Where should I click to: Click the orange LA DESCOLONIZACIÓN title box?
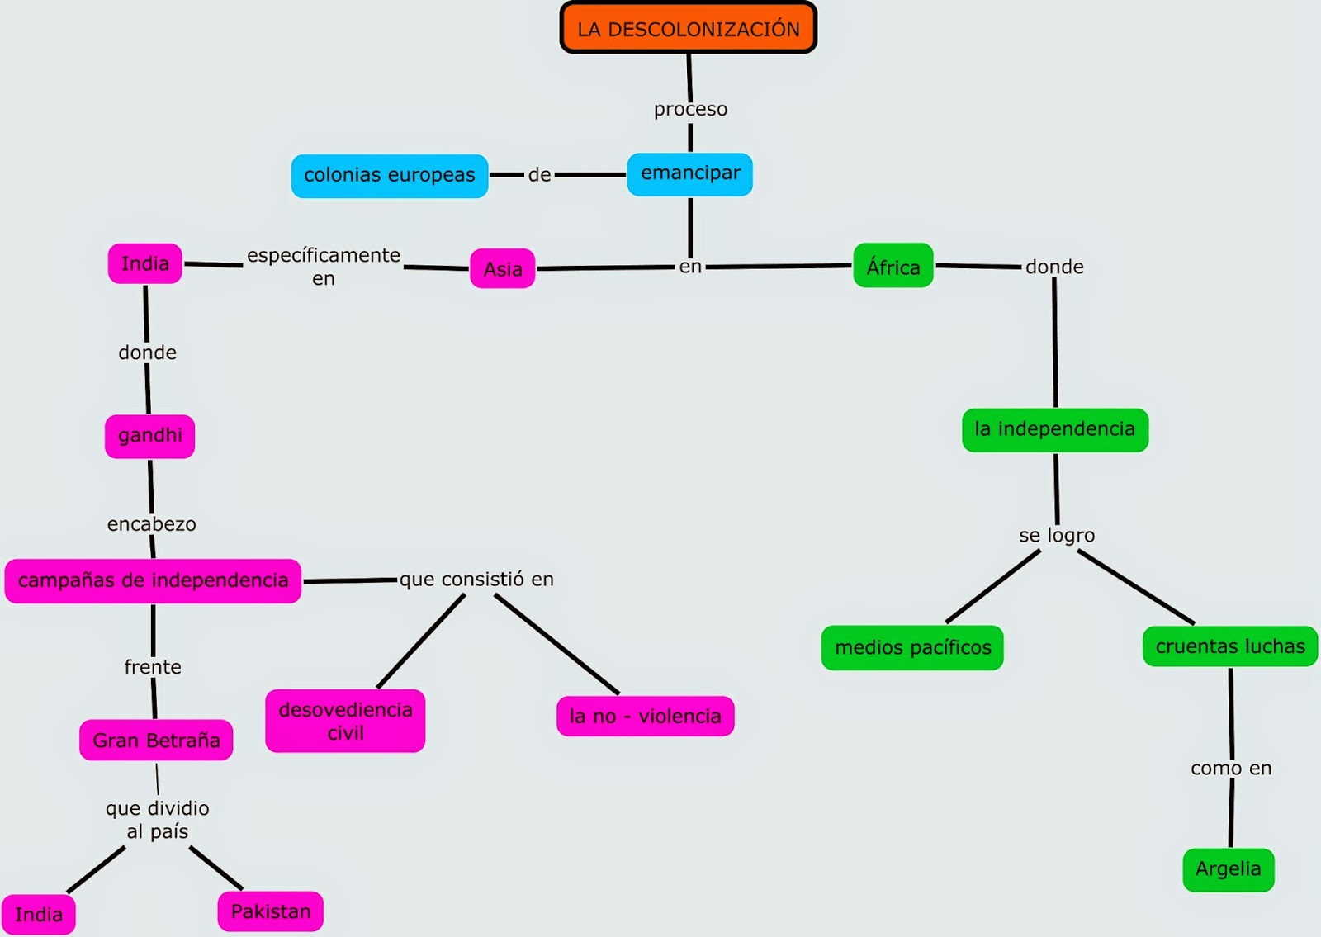tap(689, 28)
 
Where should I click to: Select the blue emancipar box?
tap(690, 174)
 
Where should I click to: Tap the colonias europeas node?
tap(390, 176)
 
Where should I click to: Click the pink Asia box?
tap(503, 268)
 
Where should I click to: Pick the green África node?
tap(893, 265)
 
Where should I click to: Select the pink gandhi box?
tap(149, 437)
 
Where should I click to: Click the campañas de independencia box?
tap(153, 581)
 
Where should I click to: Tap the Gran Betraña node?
tap(156, 740)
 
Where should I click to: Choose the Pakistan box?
tap(271, 911)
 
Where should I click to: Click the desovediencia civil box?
tap(345, 721)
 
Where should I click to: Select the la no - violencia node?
tap(645, 716)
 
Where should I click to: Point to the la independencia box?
tap(1055, 430)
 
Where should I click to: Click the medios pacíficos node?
tap(912, 647)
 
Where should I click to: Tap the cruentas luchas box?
tap(1230, 646)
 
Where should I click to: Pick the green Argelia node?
tap(1229, 870)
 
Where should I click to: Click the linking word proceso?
tap(690, 110)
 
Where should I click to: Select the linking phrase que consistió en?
tap(476, 580)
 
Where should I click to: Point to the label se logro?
tap(1057, 536)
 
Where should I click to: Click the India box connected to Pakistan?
tap(38, 915)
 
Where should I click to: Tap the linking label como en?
tap(1231, 769)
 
